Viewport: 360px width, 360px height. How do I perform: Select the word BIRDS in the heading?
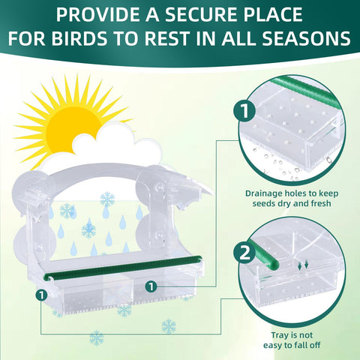pyautogui.click(x=79, y=38)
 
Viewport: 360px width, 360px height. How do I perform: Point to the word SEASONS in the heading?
pyautogui.click(x=306, y=38)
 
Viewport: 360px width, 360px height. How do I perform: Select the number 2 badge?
pyautogui.click(x=244, y=253)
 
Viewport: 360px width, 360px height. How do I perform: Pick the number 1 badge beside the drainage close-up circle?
pyautogui.click(x=244, y=111)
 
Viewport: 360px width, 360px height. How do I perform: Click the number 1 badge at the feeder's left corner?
pyautogui.click(x=41, y=295)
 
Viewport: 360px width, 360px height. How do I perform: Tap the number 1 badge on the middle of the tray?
pyautogui.click(x=151, y=286)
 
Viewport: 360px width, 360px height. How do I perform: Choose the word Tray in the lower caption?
pyautogui.click(x=279, y=335)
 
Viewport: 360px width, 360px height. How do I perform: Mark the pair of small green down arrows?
pyautogui.click(x=303, y=265)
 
